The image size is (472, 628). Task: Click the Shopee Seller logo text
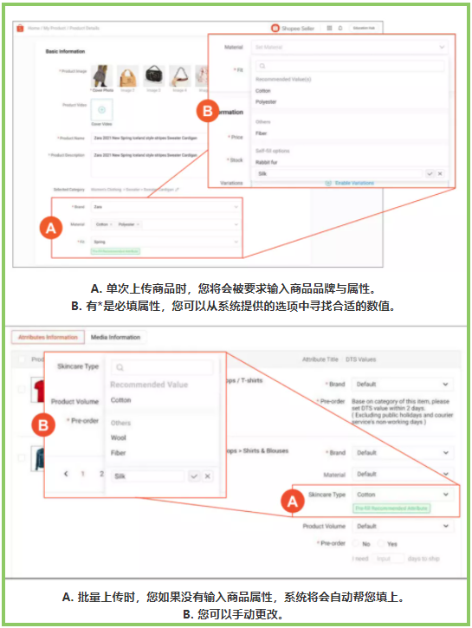click(x=299, y=29)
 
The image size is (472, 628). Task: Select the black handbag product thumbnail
click(x=153, y=75)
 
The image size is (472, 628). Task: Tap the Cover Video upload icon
click(x=101, y=110)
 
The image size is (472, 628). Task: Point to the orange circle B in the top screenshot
click(x=207, y=112)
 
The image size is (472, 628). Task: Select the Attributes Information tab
click(x=45, y=337)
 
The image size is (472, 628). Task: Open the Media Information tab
click(x=117, y=337)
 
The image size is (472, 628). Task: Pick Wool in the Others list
click(x=119, y=438)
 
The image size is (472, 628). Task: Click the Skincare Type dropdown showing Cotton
click(x=402, y=495)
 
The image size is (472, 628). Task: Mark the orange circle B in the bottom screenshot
click(x=43, y=425)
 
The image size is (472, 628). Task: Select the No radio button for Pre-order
click(x=355, y=543)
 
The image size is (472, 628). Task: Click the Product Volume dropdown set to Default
click(x=402, y=526)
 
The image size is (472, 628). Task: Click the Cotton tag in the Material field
click(x=103, y=224)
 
